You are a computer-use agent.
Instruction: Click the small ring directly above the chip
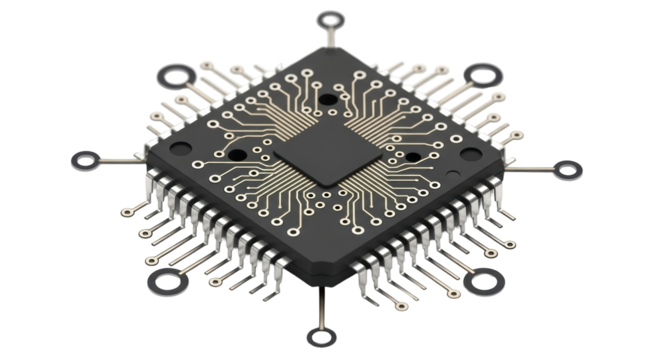click(x=330, y=18)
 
